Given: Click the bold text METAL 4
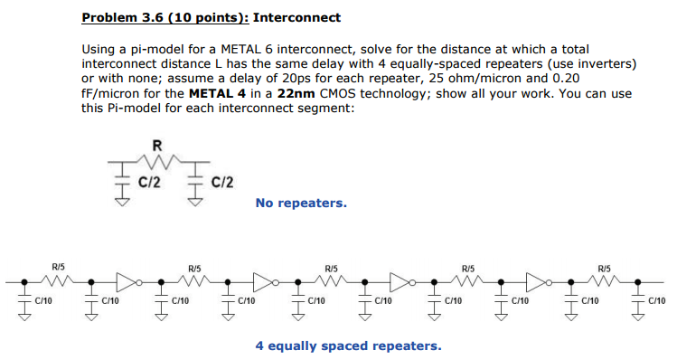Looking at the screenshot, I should click(x=215, y=94).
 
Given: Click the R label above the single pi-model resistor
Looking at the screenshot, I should click(x=160, y=142).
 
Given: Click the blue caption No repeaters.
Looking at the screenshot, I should click(x=301, y=204).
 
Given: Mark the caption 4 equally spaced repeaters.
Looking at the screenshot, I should click(x=348, y=346).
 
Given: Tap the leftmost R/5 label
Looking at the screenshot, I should click(x=58, y=268).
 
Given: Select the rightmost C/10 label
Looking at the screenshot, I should click(x=657, y=300).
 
